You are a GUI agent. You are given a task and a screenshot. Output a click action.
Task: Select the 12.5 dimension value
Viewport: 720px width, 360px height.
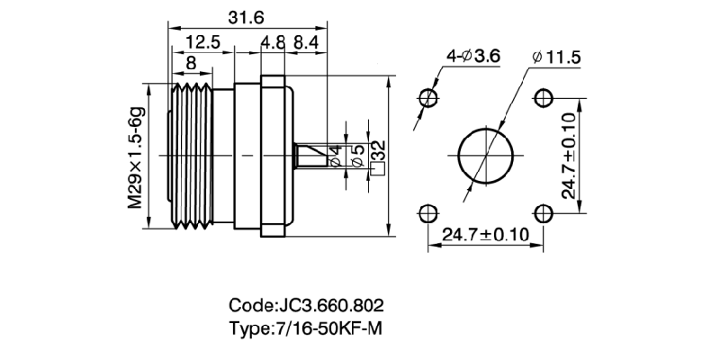202,42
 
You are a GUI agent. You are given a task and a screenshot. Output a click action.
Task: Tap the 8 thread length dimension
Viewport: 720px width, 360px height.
191,63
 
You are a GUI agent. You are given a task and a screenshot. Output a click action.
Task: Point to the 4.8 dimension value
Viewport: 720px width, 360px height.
274,42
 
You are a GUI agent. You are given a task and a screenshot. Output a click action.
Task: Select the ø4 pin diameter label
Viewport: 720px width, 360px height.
335,155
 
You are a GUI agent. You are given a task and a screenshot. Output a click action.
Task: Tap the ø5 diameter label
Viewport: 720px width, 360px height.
356,155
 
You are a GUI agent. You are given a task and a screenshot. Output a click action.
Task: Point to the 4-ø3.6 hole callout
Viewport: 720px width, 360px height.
472,58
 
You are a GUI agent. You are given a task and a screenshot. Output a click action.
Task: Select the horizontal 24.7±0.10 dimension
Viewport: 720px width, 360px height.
485,236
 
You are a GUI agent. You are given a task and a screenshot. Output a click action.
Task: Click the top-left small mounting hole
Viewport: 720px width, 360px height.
428,96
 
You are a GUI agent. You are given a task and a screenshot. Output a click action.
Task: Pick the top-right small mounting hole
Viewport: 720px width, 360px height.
543,96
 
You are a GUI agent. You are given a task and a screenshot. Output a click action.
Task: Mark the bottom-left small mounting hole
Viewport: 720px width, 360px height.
428,212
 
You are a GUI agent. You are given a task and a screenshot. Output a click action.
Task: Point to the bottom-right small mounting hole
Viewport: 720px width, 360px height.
543,212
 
